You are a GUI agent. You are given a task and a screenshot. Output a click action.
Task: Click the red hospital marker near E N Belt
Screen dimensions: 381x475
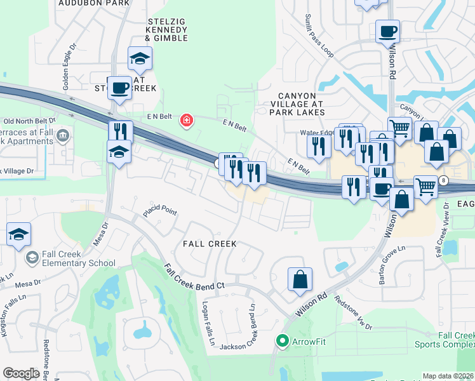coord(186,120)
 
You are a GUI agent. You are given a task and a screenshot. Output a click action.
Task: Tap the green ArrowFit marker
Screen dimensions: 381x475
coord(283,342)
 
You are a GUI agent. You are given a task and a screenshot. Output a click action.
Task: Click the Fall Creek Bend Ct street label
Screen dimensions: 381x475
coord(194,277)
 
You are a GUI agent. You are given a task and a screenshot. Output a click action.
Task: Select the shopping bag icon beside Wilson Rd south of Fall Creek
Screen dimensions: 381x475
coord(300,279)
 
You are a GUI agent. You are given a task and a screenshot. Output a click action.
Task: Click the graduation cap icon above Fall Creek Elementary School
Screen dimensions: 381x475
coord(19,234)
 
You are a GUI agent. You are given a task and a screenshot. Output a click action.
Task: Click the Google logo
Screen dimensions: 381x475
coord(21,373)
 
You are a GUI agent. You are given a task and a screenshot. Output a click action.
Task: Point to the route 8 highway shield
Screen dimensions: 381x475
coord(443,181)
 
